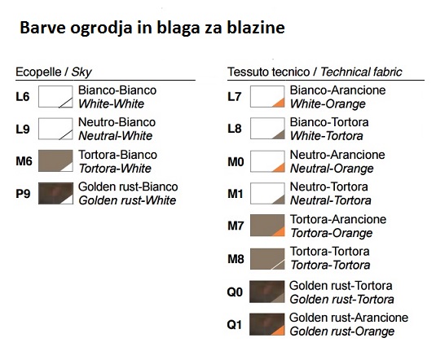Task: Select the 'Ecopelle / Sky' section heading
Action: coord(54,72)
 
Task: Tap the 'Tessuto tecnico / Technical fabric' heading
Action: coord(314,72)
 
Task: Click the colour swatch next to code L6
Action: coord(55,97)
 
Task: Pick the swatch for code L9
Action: coord(55,129)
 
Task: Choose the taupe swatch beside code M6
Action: coord(55,160)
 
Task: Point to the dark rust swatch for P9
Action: coord(55,193)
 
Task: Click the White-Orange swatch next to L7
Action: coord(266,97)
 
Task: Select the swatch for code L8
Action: coord(266,129)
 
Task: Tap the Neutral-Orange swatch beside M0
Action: coord(266,160)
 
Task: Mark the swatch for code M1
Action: coord(266,193)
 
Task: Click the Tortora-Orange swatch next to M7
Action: coord(266,226)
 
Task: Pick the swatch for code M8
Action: coord(266,258)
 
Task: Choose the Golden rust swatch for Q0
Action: coord(266,292)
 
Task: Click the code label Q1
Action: coord(236,324)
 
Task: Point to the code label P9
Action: coord(24,193)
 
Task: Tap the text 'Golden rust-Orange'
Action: coord(341,331)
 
